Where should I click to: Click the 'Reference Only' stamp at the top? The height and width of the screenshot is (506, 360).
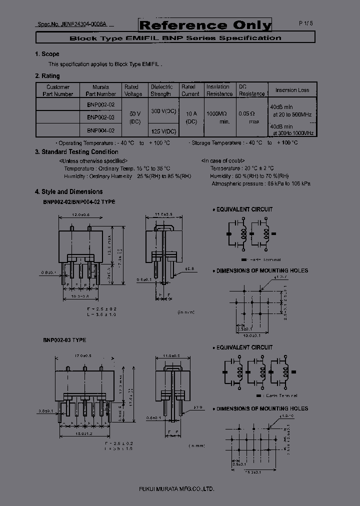tap(205, 25)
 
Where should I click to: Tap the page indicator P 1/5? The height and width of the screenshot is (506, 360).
tap(305, 23)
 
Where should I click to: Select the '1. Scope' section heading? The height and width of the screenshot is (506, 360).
tap(47, 54)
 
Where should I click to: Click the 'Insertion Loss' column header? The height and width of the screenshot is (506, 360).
tap(292, 90)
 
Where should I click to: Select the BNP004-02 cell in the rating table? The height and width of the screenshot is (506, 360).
tap(100, 130)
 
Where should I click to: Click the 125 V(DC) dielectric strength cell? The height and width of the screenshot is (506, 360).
tap(163, 131)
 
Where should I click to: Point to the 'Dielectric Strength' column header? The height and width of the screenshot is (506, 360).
tap(161, 90)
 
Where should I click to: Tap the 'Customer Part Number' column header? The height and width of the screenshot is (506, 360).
tap(57, 90)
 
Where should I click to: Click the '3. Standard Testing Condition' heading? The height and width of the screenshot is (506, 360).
tap(76, 152)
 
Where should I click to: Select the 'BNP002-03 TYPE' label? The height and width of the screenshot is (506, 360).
tap(64, 340)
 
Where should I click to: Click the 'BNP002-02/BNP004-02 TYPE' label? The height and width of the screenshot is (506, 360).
tap(78, 201)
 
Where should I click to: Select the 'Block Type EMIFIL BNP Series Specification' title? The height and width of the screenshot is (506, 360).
tap(175, 38)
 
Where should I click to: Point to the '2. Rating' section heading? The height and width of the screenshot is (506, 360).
tap(47, 76)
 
